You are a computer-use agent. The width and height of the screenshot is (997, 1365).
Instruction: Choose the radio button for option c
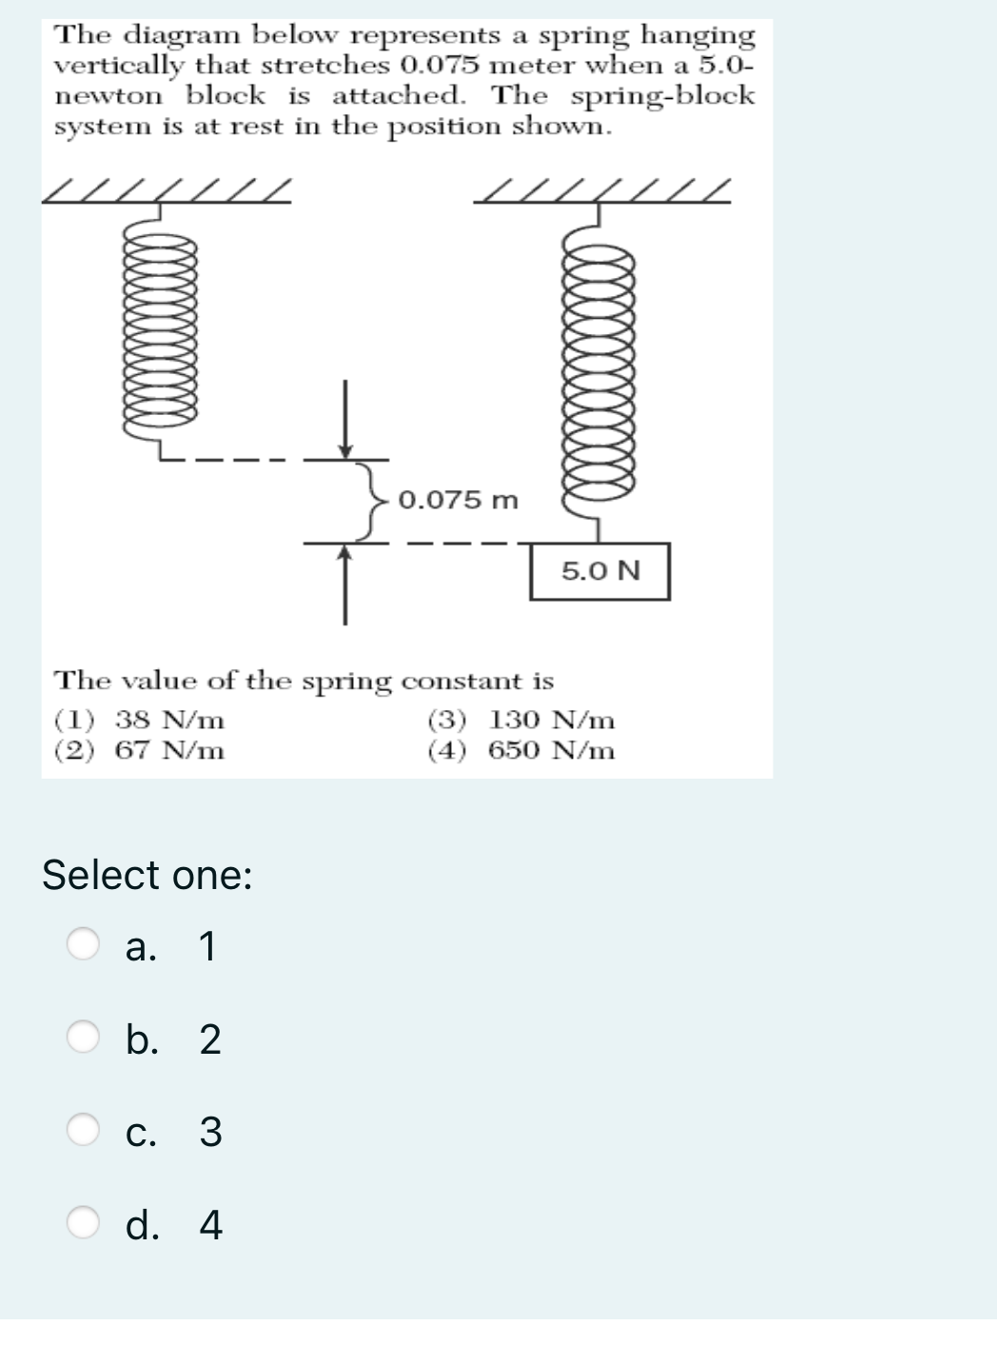click(83, 1130)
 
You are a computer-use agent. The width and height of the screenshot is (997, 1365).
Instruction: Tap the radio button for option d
click(83, 1223)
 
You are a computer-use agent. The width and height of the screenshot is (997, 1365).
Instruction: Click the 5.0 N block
click(599, 571)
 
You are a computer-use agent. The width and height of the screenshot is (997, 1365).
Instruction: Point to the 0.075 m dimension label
click(459, 500)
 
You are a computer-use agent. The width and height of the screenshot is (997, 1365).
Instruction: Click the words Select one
click(147, 874)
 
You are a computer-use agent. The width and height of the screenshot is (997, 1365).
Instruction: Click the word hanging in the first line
click(698, 35)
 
